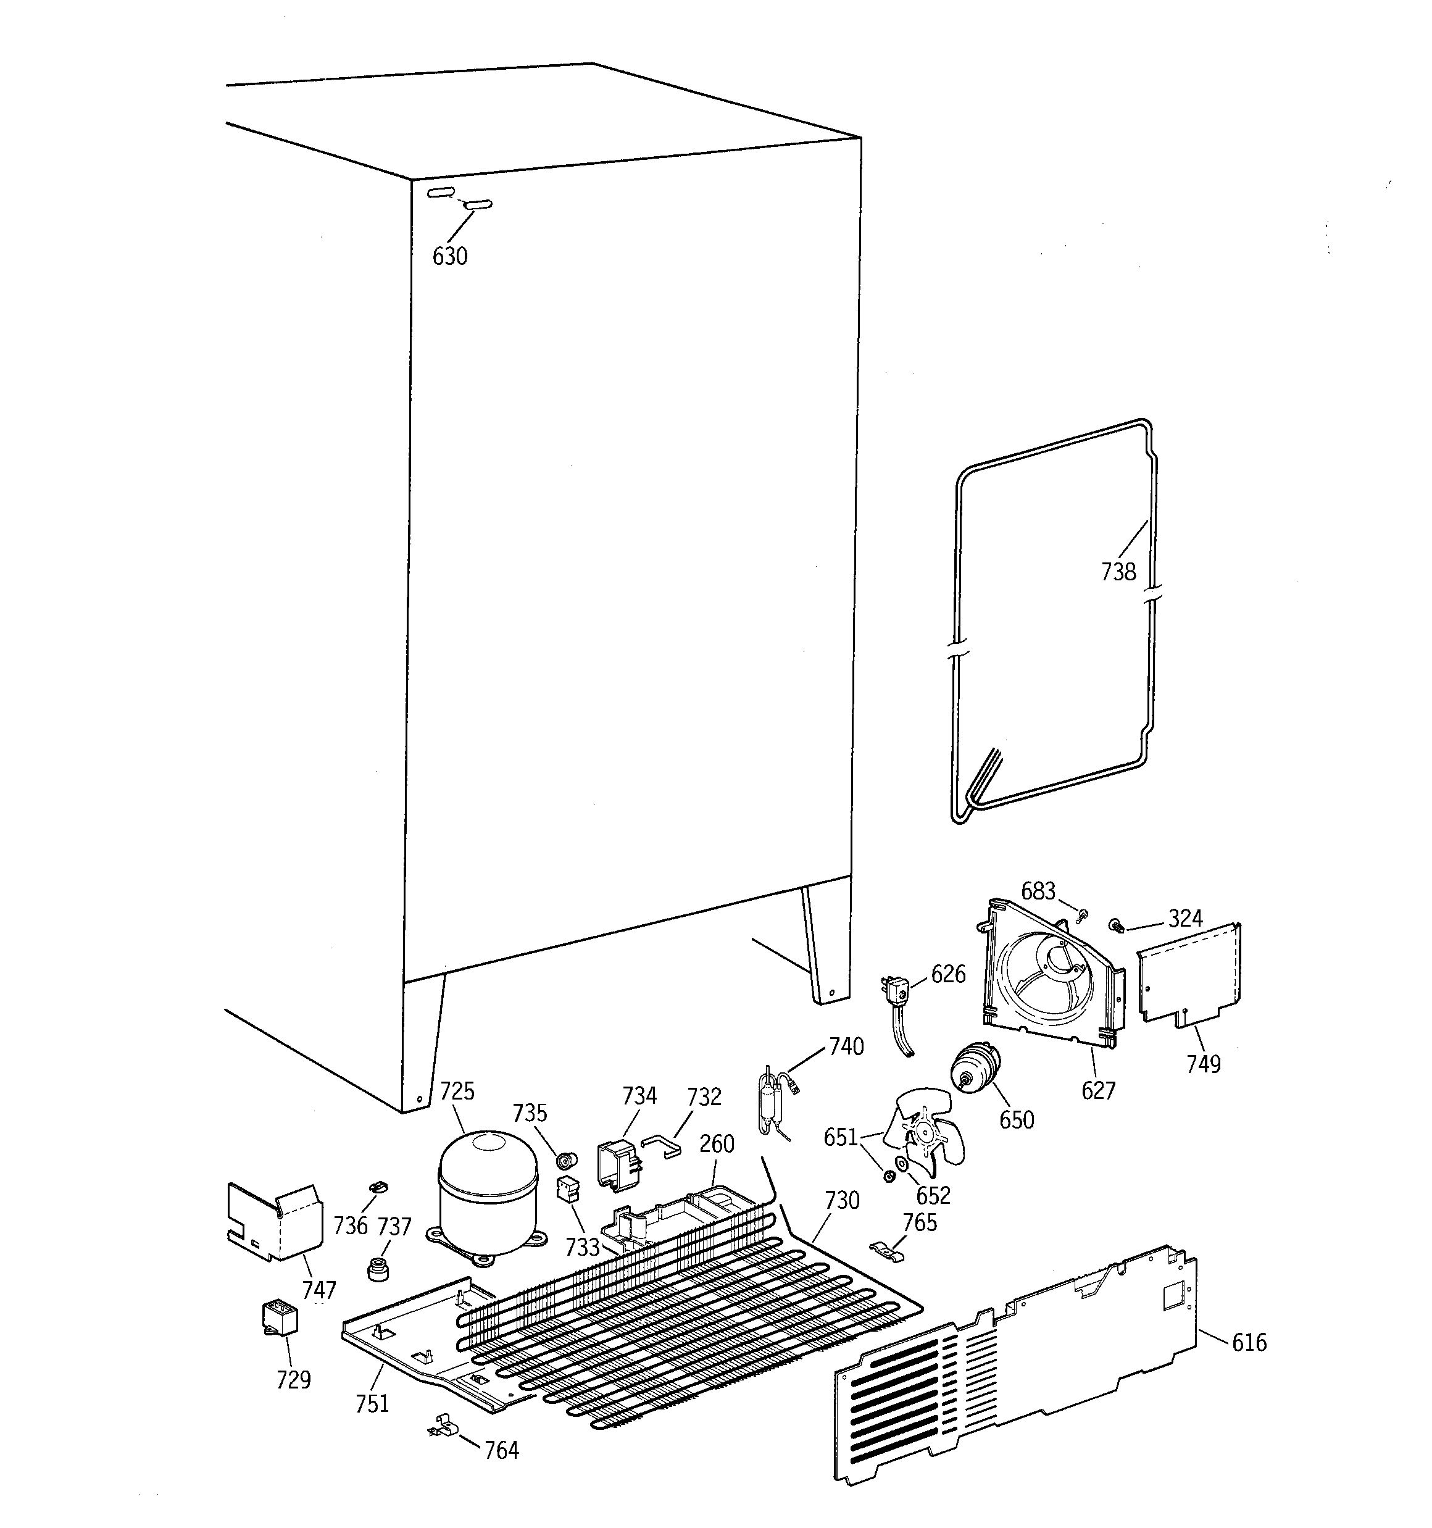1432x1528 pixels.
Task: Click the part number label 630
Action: [450, 256]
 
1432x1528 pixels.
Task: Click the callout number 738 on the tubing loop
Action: [1118, 571]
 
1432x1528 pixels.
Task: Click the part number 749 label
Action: [1203, 1064]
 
